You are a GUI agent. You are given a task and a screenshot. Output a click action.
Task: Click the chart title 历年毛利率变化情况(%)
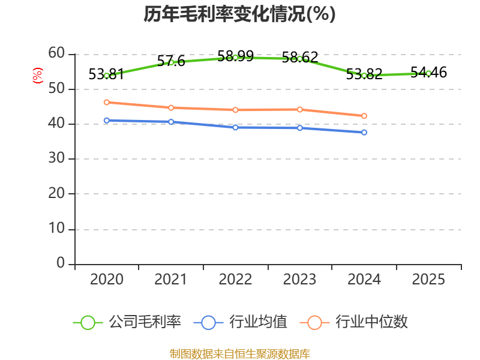coord(239,14)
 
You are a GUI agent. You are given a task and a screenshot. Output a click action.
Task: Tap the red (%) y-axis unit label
coord(38,76)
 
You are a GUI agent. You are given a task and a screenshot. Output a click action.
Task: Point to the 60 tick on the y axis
coord(56,53)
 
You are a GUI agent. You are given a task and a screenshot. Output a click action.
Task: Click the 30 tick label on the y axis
coord(56,158)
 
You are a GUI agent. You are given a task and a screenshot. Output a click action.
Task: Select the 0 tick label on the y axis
coord(61,263)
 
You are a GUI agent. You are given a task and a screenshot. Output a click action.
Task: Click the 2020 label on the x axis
coord(107,279)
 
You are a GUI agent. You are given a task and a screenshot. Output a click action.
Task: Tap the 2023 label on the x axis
coord(299,279)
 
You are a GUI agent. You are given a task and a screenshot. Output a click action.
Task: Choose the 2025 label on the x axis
coord(428,279)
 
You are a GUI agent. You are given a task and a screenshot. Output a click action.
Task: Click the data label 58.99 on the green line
coord(235,56)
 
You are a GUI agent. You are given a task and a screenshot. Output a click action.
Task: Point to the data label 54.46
coord(428,73)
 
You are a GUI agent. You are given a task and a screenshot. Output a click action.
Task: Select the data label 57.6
coord(171,61)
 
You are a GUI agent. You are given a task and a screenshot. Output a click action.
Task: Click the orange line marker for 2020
coord(107,102)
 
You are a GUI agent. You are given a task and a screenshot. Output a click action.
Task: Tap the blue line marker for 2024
coord(364,132)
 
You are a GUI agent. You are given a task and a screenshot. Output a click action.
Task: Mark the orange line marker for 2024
coord(364,116)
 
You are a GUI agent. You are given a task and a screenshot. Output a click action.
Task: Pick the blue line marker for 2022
coord(235,127)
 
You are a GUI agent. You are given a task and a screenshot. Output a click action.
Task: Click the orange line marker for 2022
coord(235,110)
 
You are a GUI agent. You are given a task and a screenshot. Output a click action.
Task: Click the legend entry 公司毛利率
coord(127,322)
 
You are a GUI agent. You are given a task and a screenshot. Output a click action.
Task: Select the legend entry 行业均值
coord(241,322)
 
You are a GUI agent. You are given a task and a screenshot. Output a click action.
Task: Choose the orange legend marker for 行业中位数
coord(314,323)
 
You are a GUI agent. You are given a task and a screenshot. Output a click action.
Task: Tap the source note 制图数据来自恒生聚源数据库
coord(239,354)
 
